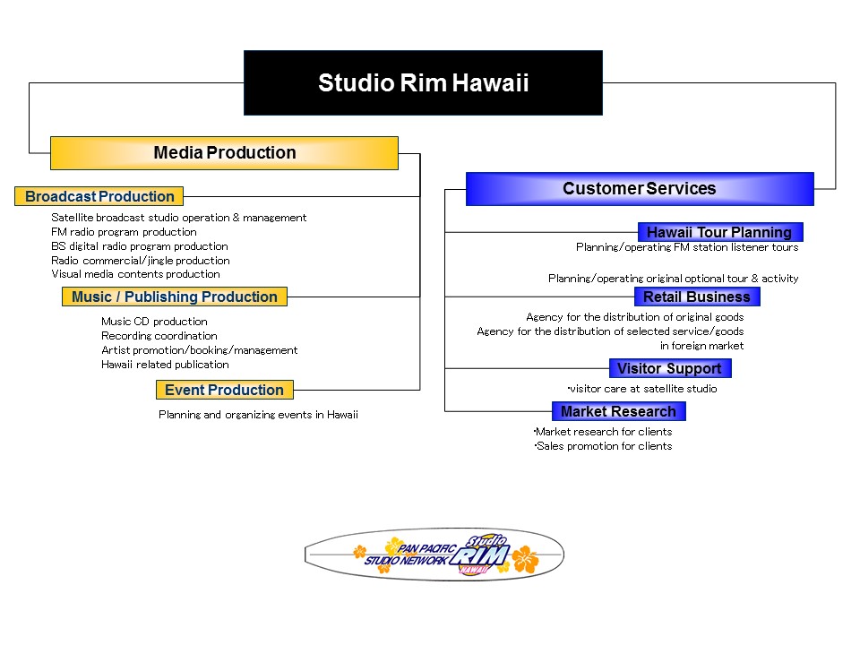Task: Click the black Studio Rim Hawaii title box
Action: click(x=423, y=82)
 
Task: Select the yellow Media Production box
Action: click(x=224, y=153)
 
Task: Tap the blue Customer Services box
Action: click(x=640, y=189)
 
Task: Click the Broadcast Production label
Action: click(x=99, y=196)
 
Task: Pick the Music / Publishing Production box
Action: click(x=175, y=297)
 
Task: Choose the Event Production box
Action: click(x=224, y=390)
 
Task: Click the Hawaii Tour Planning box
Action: click(x=720, y=232)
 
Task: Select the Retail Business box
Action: click(x=697, y=297)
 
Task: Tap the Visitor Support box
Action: click(x=670, y=368)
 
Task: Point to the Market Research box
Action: click(x=619, y=411)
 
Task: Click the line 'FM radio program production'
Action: click(x=124, y=232)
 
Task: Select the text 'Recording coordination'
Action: click(x=159, y=336)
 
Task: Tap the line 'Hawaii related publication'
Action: click(x=165, y=365)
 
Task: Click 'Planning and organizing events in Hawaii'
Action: click(x=258, y=415)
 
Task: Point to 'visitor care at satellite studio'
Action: click(x=642, y=389)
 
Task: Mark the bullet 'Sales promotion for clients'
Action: click(x=603, y=446)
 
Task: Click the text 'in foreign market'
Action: click(x=702, y=346)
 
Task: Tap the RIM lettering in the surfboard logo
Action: click(x=480, y=556)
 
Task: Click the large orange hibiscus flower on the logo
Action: click(x=526, y=559)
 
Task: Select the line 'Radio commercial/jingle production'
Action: click(x=141, y=261)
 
